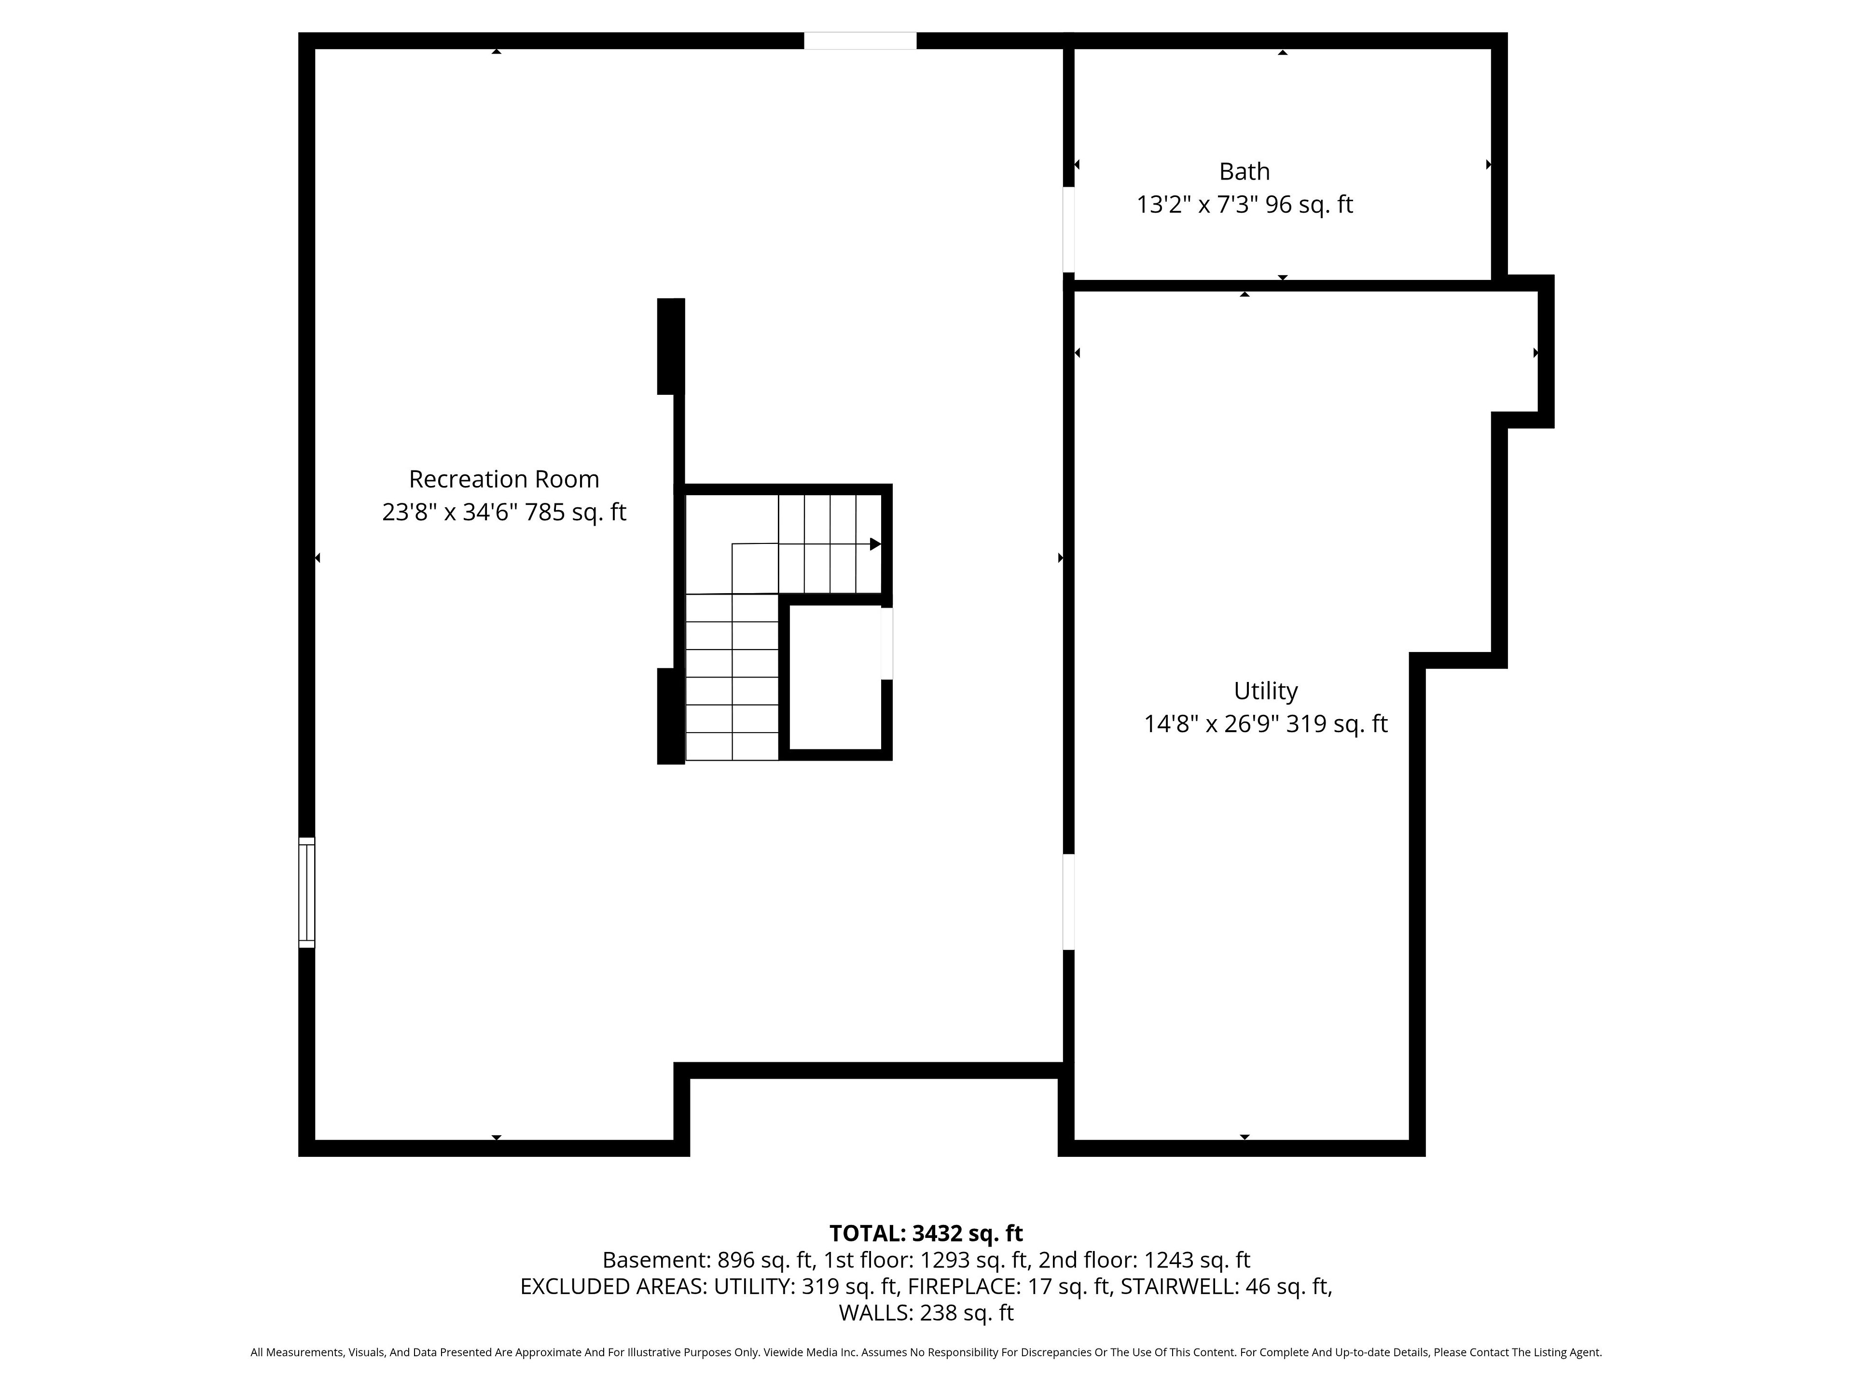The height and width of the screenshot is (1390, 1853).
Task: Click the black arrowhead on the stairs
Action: [875, 544]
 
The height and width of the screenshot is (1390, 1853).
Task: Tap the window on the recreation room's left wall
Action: [306, 892]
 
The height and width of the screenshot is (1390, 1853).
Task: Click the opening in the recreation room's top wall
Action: [860, 40]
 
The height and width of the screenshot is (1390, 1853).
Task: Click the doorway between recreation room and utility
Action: [1068, 902]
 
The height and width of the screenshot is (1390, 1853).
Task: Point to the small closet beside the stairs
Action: [835, 677]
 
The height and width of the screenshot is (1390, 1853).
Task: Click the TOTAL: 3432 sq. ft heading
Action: [926, 1233]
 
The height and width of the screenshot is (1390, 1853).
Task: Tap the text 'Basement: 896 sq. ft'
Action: [708, 1260]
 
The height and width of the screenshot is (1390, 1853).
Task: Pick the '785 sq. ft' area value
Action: [576, 512]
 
